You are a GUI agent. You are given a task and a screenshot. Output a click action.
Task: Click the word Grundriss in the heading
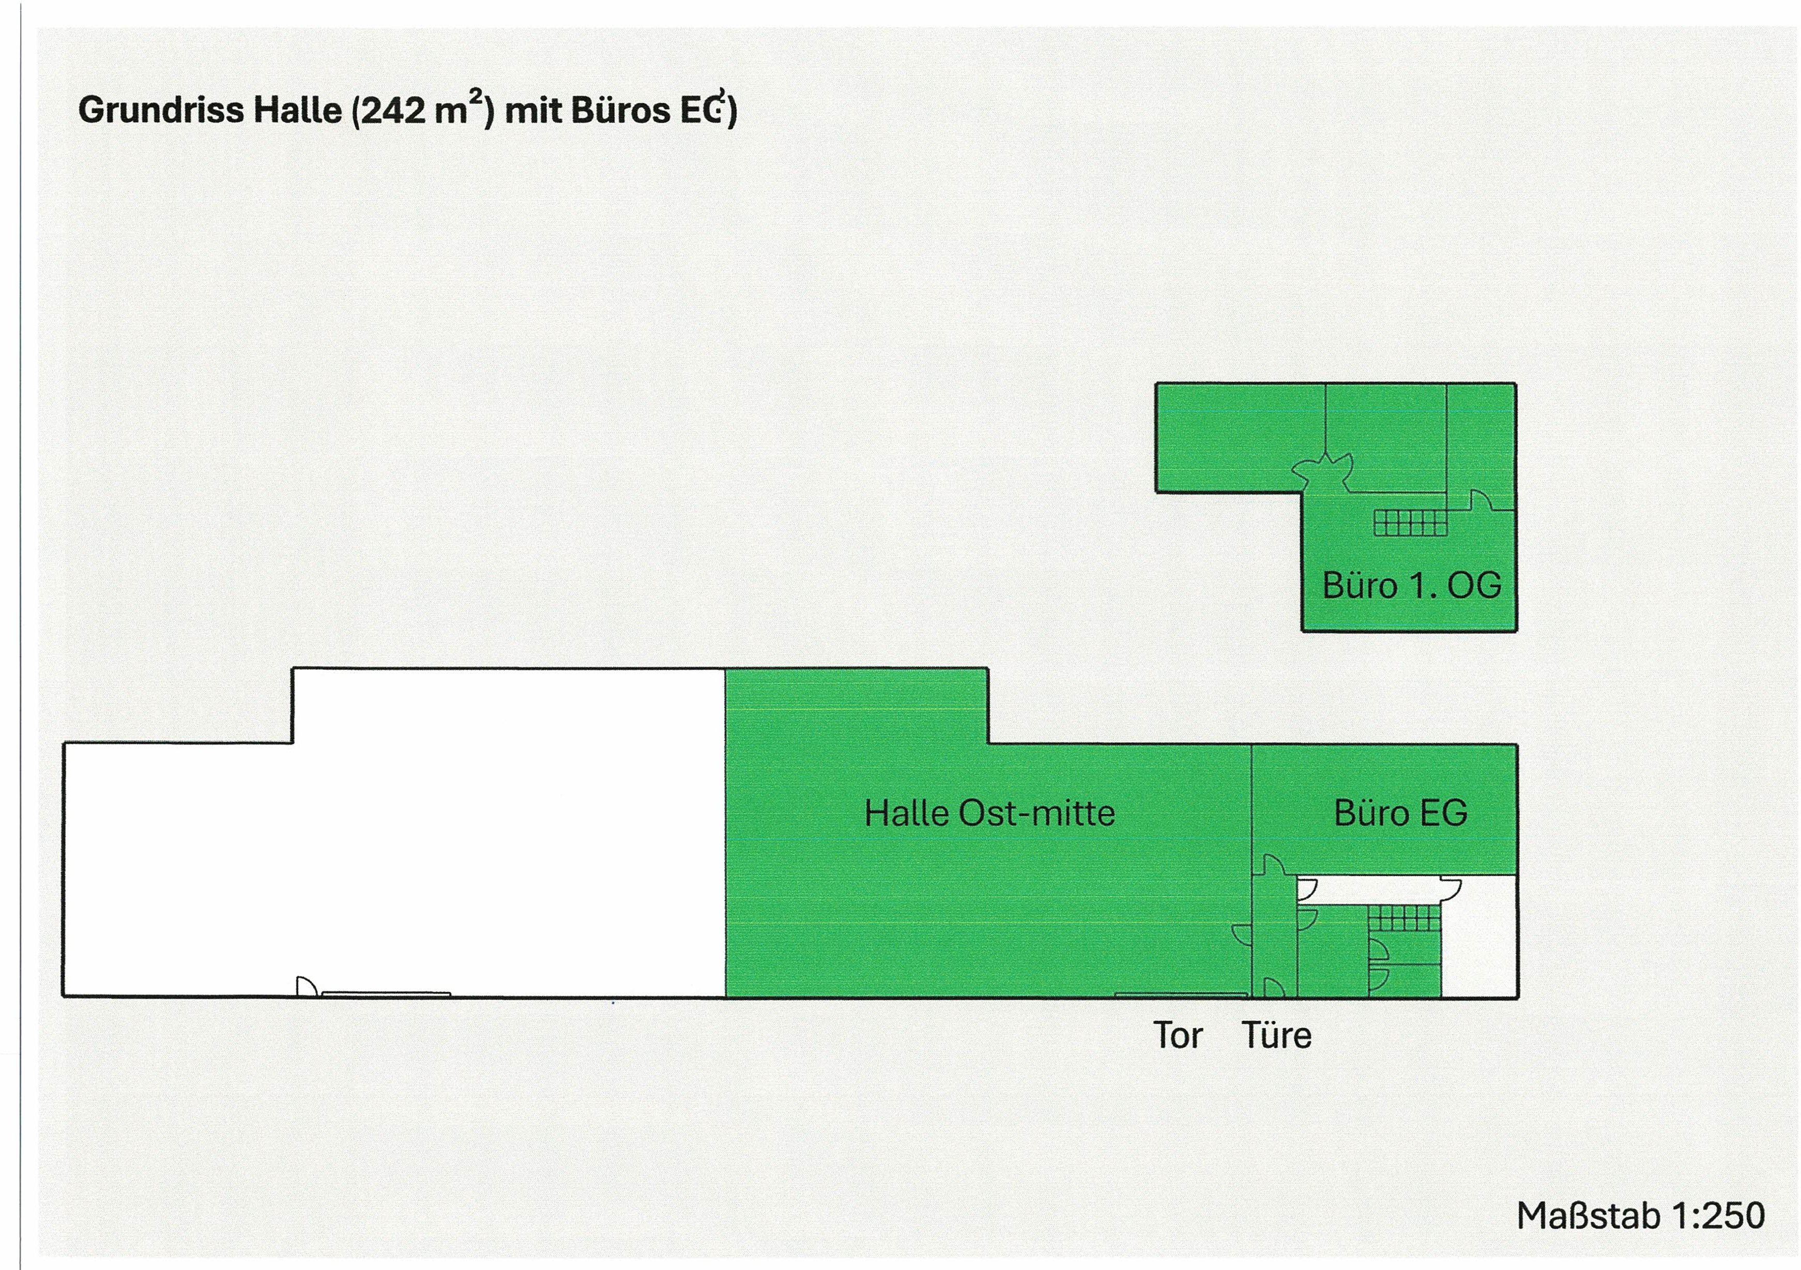[161, 111]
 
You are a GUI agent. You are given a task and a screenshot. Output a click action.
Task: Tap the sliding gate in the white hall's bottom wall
[386, 994]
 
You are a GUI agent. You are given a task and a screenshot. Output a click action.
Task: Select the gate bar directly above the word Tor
[1181, 994]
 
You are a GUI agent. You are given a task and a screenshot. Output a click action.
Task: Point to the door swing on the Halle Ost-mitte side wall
[1242, 934]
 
